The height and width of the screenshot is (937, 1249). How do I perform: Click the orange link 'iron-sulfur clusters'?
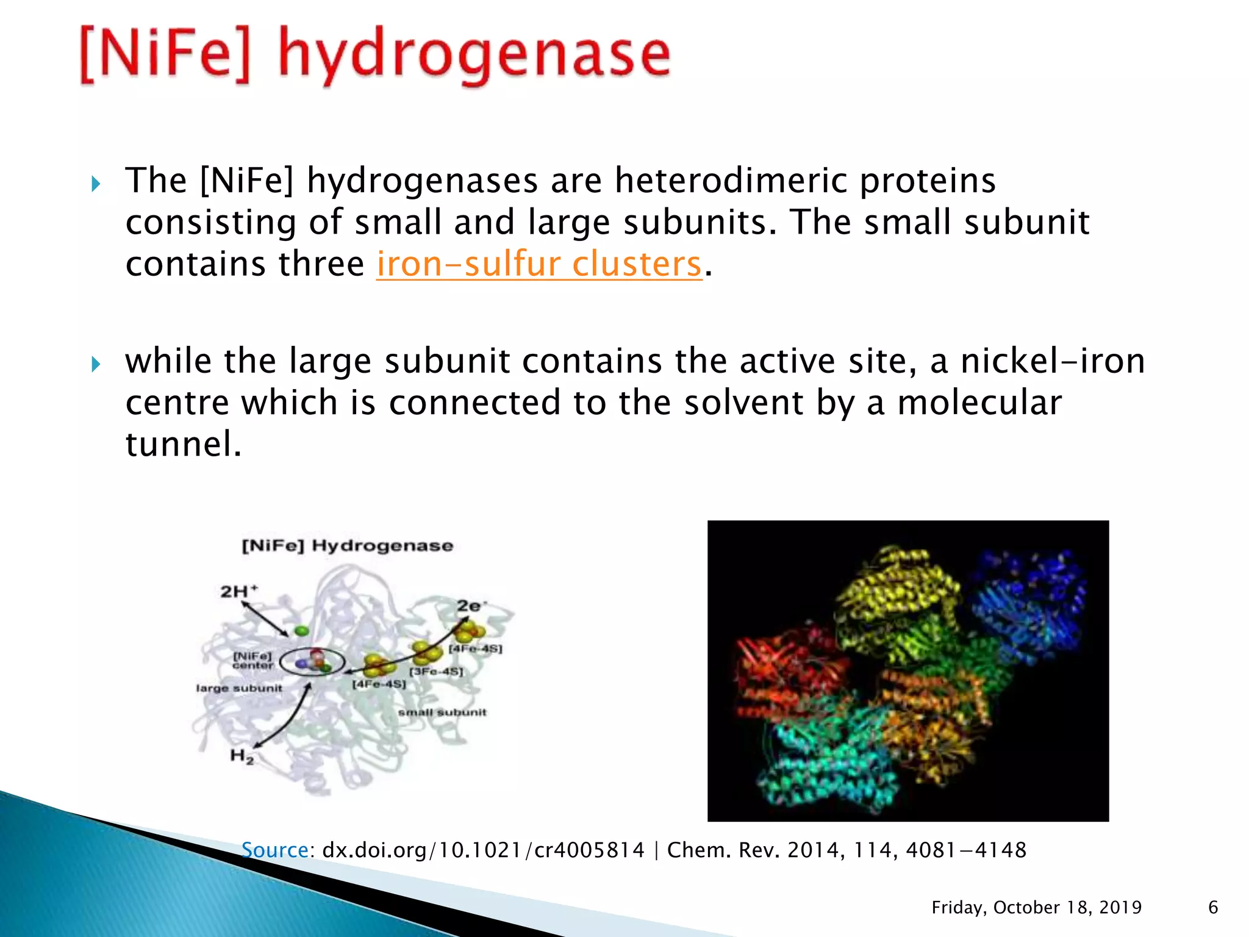pyautogui.click(x=539, y=265)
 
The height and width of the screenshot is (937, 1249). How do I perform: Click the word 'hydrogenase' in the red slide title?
pyautogui.click(x=474, y=56)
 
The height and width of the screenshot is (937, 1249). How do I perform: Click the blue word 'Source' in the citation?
pyautogui.click(x=274, y=850)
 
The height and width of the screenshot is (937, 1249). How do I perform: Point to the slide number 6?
pyautogui.click(x=1213, y=907)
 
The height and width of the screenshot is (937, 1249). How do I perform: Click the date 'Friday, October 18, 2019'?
pyautogui.click(x=1036, y=907)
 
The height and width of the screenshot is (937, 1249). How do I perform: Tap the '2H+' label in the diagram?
pyautogui.click(x=239, y=591)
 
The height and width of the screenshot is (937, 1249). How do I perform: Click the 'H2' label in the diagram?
pyautogui.click(x=242, y=756)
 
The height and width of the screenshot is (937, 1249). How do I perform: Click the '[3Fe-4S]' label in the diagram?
pyautogui.click(x=436, y=672)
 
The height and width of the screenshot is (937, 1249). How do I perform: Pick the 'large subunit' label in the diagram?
pyautogui.click(x=239, y=688)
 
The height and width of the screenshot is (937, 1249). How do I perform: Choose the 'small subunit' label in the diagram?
pyautogui.click(x=442, y=712)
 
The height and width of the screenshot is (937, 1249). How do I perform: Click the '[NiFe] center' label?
pyautogui.click(x=252, y=660)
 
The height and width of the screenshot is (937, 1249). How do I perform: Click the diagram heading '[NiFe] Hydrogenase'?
pyautogui.click(x=348, y=545)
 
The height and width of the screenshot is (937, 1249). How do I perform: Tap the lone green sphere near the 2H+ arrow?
pyautogui.click(x=301, y=631)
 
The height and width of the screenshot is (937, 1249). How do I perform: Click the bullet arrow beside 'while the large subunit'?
pyautogui.click(x=96, y=365)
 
